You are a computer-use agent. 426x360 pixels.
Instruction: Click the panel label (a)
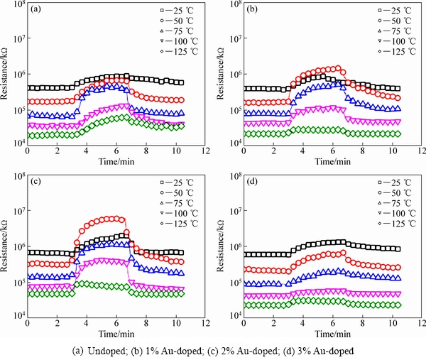(x=35, y=11)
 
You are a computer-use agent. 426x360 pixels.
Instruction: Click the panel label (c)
(x=35, y=183)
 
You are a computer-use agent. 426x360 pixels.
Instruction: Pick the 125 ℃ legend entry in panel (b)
(x=391, y=52)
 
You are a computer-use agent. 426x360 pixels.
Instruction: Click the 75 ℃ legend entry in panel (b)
(x=391, y=31)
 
